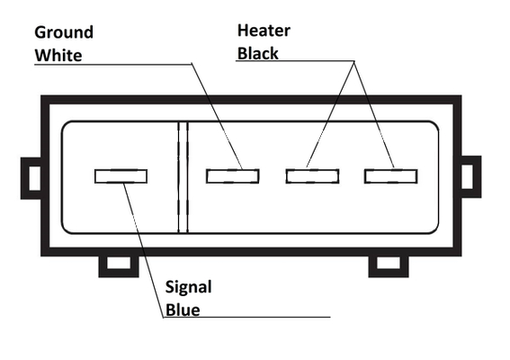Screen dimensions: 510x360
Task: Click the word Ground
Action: (64, 33)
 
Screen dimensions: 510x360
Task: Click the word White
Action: (58, 55)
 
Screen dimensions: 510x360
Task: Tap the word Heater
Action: (264, 31)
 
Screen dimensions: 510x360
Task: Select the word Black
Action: (258, 53)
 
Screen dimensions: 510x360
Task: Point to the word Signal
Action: (189, 288)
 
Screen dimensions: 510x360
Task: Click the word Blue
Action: (183, 310)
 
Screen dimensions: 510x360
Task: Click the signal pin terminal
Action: (121, 176)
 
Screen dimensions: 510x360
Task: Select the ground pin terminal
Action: (233, 176)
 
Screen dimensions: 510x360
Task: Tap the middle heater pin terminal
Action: (313, 176)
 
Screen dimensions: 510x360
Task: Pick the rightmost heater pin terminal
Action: (391, 176)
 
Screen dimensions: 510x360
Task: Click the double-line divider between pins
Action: (183, 177)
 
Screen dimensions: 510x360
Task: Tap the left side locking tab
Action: (31, 178)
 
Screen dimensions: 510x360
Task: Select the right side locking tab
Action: (470, 176)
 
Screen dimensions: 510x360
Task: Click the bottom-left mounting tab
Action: (119, 266)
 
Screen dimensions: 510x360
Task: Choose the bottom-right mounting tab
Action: (389, 266)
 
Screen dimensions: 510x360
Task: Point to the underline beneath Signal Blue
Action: (246, 317)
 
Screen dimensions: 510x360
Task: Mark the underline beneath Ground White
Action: (113, 65)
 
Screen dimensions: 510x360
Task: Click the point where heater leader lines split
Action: (354, 61)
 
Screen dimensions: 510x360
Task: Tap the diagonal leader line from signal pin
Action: (143, 250)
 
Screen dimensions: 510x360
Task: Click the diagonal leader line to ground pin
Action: (217, 116)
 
